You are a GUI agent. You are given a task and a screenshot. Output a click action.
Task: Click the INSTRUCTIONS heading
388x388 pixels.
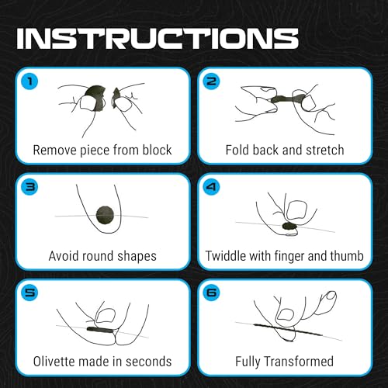(x=158, y=38)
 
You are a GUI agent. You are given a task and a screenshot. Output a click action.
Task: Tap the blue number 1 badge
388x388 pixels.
(x=29, y=81)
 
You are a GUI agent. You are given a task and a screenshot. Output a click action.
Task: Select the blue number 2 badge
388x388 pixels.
(x=211, y=81)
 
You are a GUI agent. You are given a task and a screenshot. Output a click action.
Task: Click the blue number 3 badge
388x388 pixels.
(x=29, y=186)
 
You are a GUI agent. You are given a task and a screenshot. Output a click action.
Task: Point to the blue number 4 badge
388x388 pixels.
(x=211, y=186)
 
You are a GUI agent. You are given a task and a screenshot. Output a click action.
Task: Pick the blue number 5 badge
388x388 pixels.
(x=29, y=293)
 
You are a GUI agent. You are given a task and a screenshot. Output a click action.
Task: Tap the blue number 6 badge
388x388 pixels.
(x=211, y=293)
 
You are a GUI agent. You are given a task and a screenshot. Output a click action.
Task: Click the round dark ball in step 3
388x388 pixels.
(x=105, y=215)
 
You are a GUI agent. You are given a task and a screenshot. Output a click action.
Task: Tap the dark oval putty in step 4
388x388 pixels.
(x=290, y=227)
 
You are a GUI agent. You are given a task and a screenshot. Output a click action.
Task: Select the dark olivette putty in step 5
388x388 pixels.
(x=100, y=330)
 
